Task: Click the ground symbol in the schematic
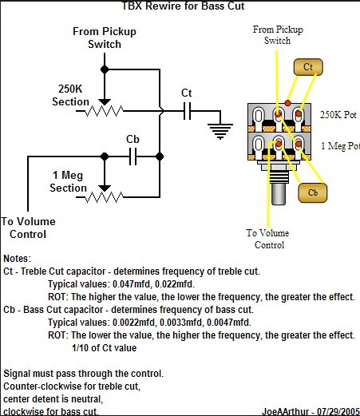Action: click(220, 131)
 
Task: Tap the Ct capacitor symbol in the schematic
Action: click(188, 111)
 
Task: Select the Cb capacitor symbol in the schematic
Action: click(133, 156)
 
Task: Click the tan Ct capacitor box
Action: click(308, 67)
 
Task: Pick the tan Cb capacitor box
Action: click(313, 192)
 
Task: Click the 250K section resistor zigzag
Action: click(104, 111)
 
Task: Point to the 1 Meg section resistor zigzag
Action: click(104, 197)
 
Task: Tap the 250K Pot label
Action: click(338, 115)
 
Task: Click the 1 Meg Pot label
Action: click(341, 146)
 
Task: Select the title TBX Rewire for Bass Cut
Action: click(183, 6)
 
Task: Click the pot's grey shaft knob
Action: click(279, 194)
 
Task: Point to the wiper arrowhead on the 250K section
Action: click(105, 102)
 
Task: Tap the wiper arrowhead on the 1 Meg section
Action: click(105, 188)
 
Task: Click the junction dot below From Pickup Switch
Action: click(105, 69)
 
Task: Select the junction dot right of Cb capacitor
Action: click(160, 156)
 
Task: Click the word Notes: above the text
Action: click(18, 259)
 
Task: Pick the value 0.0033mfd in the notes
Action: click(181, 323)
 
